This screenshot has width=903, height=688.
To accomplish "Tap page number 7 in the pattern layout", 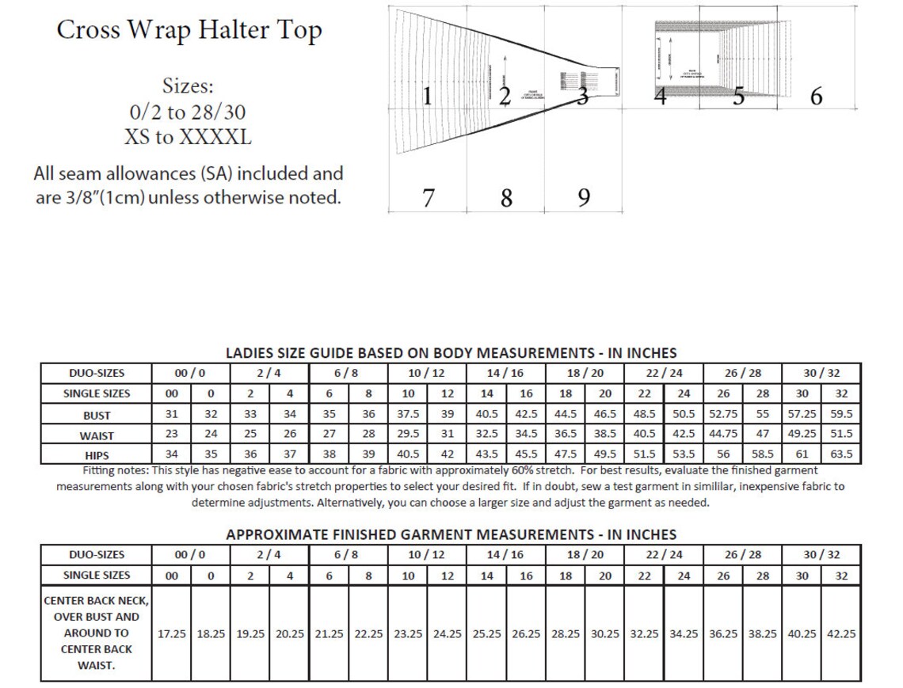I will point(428,197).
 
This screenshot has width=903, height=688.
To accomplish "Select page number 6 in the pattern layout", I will point(816,96).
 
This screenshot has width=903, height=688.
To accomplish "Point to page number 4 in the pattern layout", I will point(661,97).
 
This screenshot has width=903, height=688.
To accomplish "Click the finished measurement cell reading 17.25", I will point(172,634).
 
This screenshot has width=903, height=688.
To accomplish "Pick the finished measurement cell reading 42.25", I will point(841,634).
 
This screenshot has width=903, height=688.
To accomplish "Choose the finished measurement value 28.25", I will point(566,634).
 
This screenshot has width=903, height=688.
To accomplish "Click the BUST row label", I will point(96,415).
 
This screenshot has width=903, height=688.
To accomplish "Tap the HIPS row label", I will point(96,455).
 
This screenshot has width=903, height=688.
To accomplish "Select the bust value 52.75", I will point(723,415).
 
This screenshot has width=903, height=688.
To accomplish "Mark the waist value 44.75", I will point(723,435).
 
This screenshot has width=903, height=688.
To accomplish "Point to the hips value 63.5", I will point(841,455).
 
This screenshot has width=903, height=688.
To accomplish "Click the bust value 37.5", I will point(408,415).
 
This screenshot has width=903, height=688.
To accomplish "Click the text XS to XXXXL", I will point(188,137).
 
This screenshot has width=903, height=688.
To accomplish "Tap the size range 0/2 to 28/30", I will point(188,112).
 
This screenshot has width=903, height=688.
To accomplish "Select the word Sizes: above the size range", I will point(188,86).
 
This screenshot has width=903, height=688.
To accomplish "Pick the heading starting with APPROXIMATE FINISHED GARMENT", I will point(451,534).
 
